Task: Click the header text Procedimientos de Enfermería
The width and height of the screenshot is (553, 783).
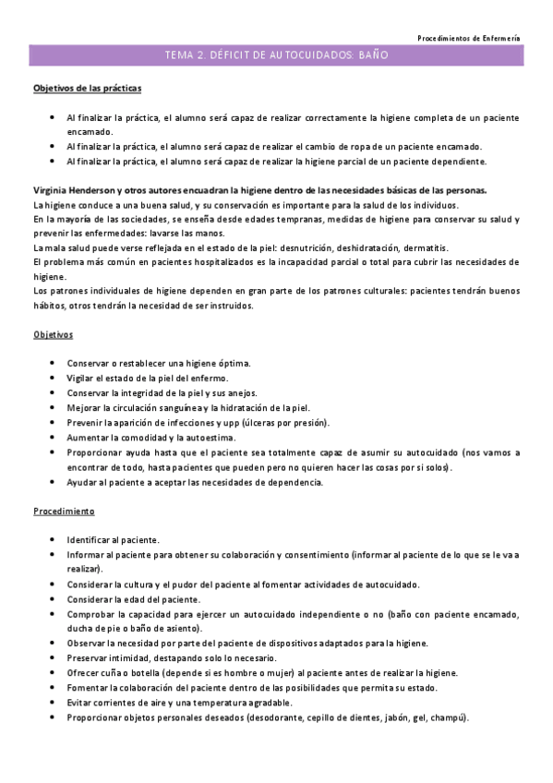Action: click(468, 38)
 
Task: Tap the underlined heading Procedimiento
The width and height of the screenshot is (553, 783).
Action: click(64, 511)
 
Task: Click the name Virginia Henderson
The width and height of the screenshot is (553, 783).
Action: click(73, 190)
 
